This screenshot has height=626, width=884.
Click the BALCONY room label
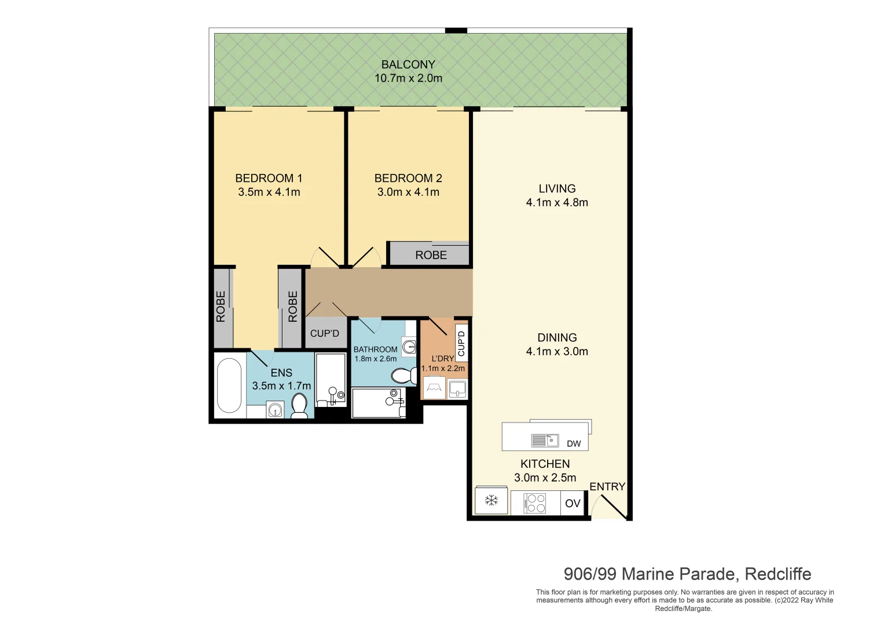(x=408, y=65)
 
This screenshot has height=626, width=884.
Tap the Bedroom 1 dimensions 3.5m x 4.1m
(x=269, y=192)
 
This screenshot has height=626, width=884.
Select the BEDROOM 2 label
(x=408, y=178)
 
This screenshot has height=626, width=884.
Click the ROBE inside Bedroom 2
(x=431, y=255)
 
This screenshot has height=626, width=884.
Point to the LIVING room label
(x=557, y=188)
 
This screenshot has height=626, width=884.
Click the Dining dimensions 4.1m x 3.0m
(x=557, y=351)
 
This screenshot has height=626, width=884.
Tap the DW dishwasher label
(x=574, y=444)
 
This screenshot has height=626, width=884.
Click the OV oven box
(x=573, y=503)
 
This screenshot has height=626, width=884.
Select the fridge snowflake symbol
(x=491, y=500)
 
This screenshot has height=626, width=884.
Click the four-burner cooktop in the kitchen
(x=535, y=503)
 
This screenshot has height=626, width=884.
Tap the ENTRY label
(x=607, y=487)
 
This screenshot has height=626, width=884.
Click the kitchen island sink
(x=545, y=441)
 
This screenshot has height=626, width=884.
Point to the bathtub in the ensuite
(x=229, y=385)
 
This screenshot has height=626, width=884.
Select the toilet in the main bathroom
(x=403, y=376)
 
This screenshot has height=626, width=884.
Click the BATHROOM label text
(x=375, y=350)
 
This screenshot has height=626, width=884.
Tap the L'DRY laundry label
(x=442, y=359)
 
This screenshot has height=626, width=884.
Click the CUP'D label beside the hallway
(x=324, y=333)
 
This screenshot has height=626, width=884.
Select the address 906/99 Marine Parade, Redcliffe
(x=687, y=574)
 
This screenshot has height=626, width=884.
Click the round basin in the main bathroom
(x=410, y=347)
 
